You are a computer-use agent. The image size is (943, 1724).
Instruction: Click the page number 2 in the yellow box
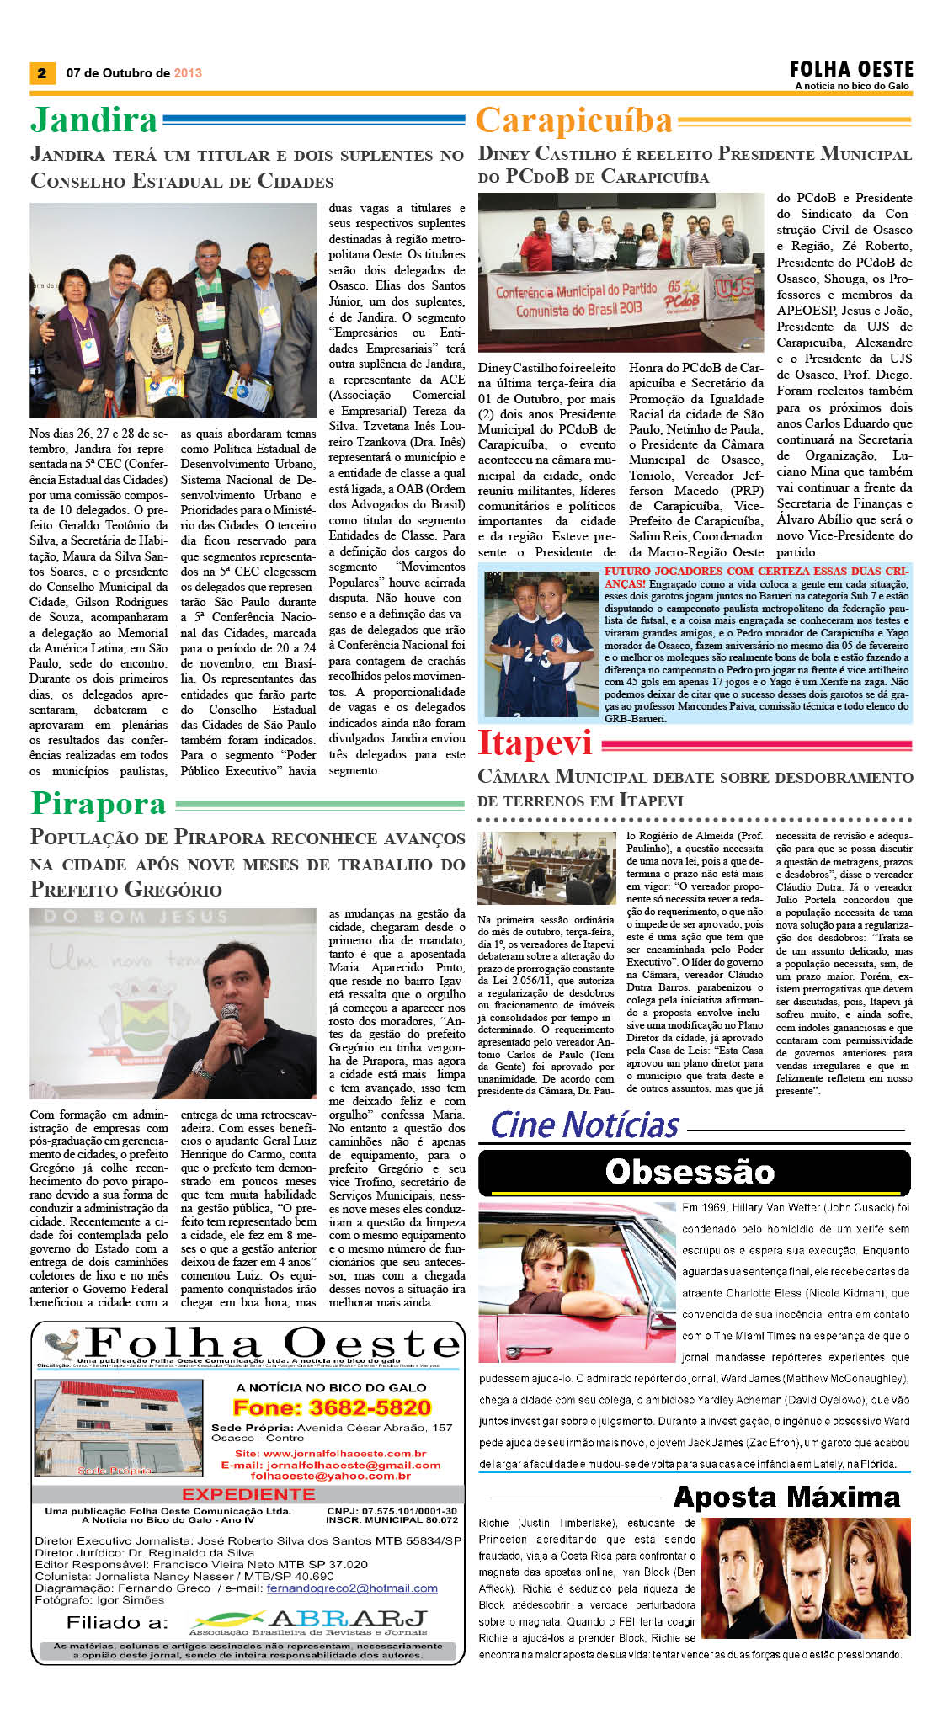click(41, 73)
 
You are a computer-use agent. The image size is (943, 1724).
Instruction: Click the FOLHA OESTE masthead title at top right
click(851, 69)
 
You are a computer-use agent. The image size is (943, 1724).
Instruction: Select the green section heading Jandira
click(93, 120)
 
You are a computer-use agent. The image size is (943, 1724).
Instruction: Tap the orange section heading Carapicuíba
click(574, 121)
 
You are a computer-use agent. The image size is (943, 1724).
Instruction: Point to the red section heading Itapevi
click(535, 743)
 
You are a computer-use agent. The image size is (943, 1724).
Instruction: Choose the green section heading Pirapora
click(99, 804)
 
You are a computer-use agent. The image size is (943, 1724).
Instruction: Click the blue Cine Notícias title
click(584, 1125)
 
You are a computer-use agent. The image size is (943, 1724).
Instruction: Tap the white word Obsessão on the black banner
click(690, 1172)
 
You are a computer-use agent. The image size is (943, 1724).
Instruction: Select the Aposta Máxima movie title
click(786, 1497)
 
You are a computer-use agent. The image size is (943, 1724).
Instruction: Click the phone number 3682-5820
click(332, 1407)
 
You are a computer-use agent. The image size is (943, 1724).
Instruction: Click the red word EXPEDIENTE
click(248, 1494)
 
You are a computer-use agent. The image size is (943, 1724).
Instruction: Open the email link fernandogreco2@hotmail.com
click(352, 1588)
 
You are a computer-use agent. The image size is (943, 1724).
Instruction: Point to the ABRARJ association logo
click(310, 1621)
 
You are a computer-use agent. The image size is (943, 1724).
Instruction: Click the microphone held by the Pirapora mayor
click(230, 1030)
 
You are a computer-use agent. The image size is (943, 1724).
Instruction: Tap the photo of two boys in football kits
click(541, 644)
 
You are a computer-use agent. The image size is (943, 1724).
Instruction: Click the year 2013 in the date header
click(188, 73)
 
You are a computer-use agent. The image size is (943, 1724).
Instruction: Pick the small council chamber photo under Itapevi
click(546, 868)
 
